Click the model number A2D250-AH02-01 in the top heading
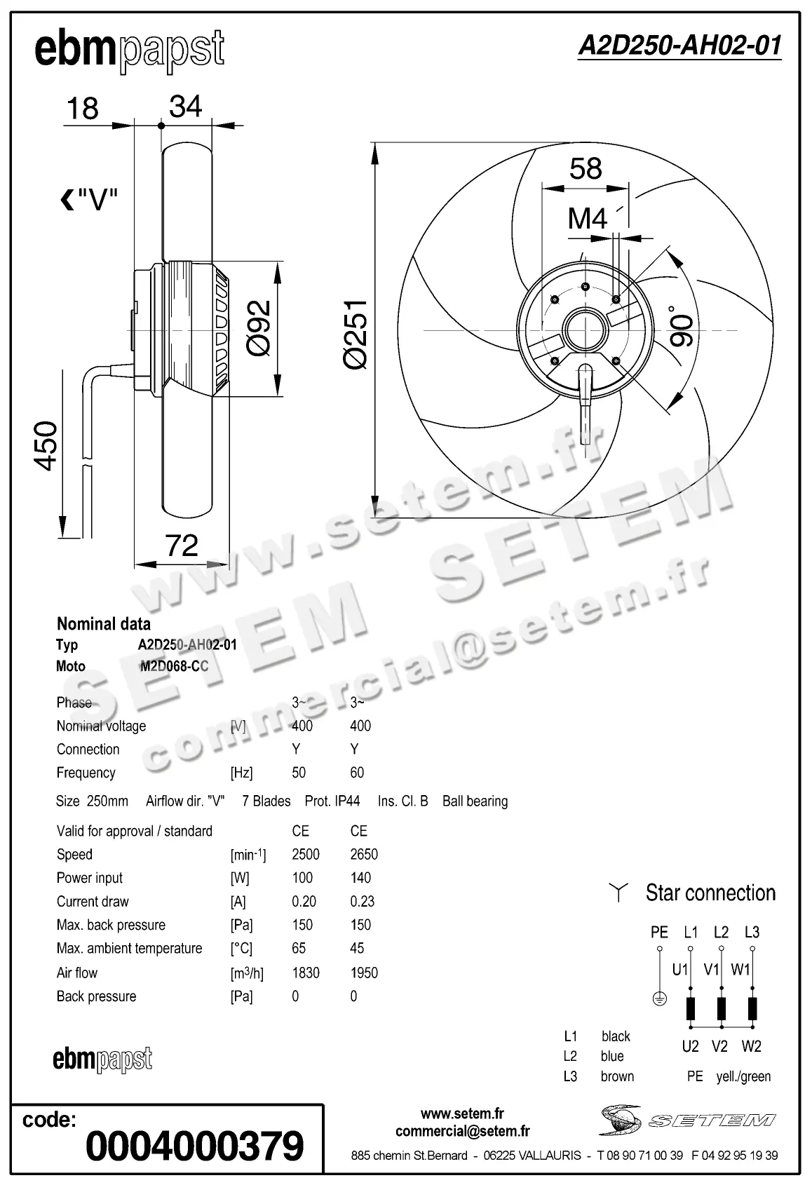pyautogui.click(x=679, y=46)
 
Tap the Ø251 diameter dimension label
pyautogui.click(x=356, y=332)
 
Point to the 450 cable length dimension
pyautogui.click(x=46, y=445)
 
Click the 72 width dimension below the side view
pyautogui.click(x=182, y=546)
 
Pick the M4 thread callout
pyautogui.click(x=587, y=219)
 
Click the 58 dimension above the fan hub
pyautogui.click(x=586, y=169)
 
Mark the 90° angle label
pyautogui.click(x=682, y=326)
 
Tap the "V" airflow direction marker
pyautogui.click(x=88, y=201)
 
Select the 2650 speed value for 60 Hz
pyautogui.click(x=364, y=854)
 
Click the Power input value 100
pyautogui.click(x=302, y=878)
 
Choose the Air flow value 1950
pyautogui.click(x=364, y=973)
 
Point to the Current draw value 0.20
pyautogui.click(x=304, y=901)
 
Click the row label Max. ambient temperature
pyautogui.click(x=129, y=948)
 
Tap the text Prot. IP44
pyautogui.click(x=332, y=801)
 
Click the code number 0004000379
pyautogui.click(x=194, y=1146)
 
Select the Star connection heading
pyautogui.click(x=710, y=893)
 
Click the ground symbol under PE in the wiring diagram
pyautogui.click(x=659, y=999)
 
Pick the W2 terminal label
pyautogui.click(x=751, y=1046)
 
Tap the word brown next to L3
pyautogui.click(x=617, y=1076)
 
